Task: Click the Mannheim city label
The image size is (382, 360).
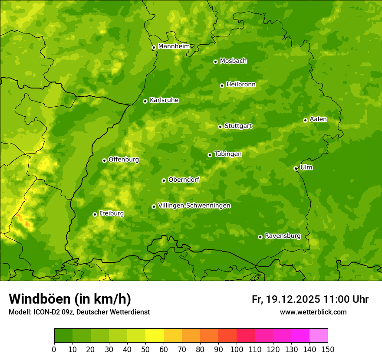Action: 174,46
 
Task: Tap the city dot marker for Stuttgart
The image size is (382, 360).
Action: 220,127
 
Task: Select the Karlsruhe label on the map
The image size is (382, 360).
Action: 164,100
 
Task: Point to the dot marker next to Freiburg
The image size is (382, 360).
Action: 95,214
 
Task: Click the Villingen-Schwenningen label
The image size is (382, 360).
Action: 194,206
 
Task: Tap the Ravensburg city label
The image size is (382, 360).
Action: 282,236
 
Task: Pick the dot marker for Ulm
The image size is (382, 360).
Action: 296,168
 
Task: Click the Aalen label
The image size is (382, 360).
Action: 318,119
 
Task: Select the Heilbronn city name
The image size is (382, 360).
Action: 240,85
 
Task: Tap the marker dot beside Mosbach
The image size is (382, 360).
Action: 215,62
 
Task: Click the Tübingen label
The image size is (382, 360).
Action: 227,154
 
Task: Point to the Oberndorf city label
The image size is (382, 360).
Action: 184,180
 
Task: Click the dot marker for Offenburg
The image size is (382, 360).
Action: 104,160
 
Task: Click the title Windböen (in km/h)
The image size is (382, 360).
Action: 69,299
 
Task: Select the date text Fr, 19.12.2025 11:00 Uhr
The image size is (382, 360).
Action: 310,299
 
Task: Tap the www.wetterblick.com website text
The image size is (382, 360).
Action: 313,312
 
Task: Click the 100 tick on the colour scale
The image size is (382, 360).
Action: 237,349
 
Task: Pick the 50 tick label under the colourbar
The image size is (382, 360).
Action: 145,349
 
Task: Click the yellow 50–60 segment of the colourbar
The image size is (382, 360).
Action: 155,336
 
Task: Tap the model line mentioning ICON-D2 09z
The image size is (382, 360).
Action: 79,312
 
